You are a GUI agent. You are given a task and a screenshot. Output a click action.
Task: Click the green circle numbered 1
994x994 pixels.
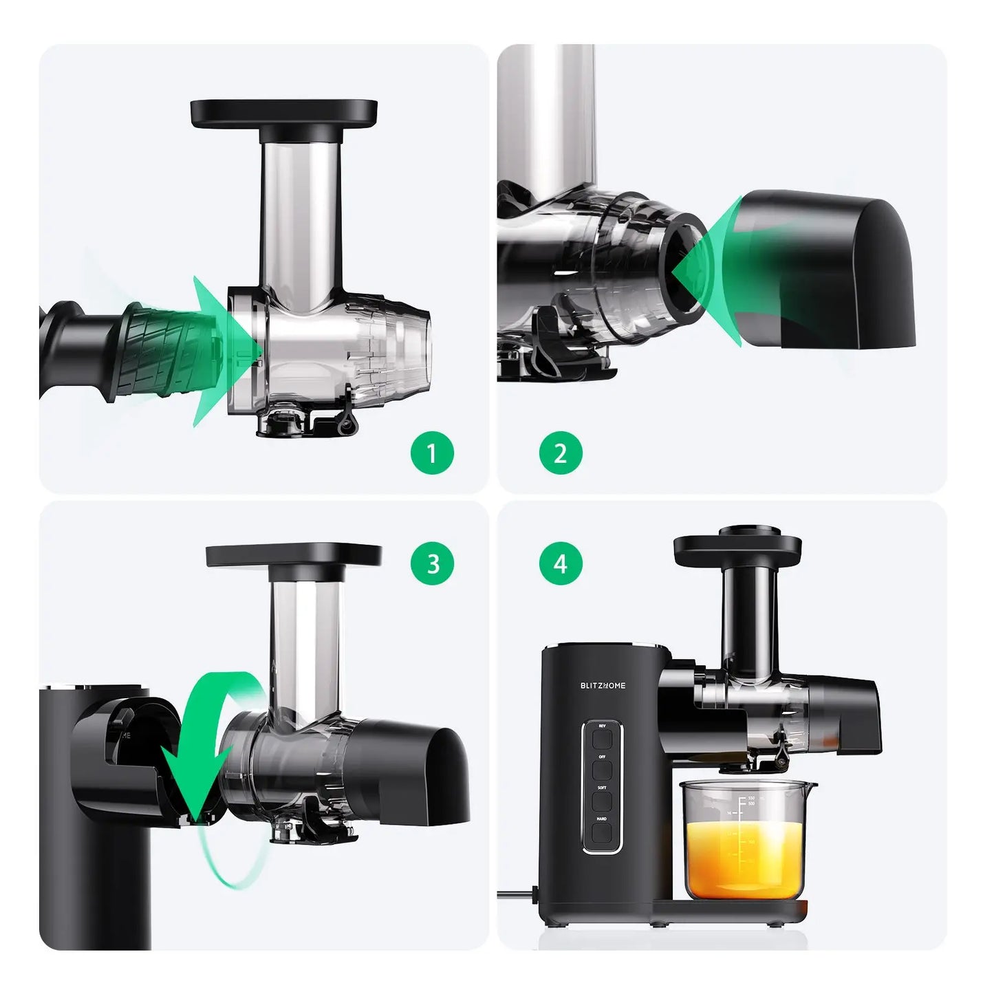(432, 453)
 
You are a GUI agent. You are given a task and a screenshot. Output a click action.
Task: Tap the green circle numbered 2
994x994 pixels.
(561, 453)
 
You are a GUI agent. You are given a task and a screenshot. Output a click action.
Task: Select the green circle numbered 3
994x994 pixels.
(433, 564)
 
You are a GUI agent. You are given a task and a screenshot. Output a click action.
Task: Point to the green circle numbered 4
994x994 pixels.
(561, 564)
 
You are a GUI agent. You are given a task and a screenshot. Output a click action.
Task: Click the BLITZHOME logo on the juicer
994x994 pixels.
(603, 685)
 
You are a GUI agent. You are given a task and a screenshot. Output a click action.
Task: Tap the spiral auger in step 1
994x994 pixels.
(162, 351)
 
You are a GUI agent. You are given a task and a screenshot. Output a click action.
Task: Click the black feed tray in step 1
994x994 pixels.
(284, 112)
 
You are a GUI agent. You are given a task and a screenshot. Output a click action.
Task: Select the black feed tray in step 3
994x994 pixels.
(294, 556)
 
